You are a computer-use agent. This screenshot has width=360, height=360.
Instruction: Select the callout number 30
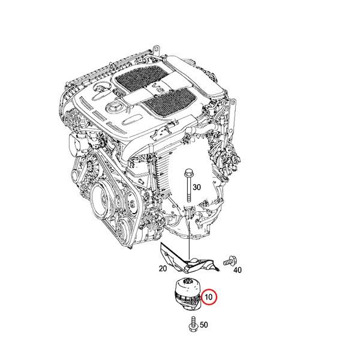(x=197, y=187)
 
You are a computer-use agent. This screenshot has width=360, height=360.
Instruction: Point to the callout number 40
(x=238, y=270)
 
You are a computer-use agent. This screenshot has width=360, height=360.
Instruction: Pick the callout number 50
(x=203, y=325)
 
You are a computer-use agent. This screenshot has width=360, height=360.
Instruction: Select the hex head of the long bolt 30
(x=188, y=174)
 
